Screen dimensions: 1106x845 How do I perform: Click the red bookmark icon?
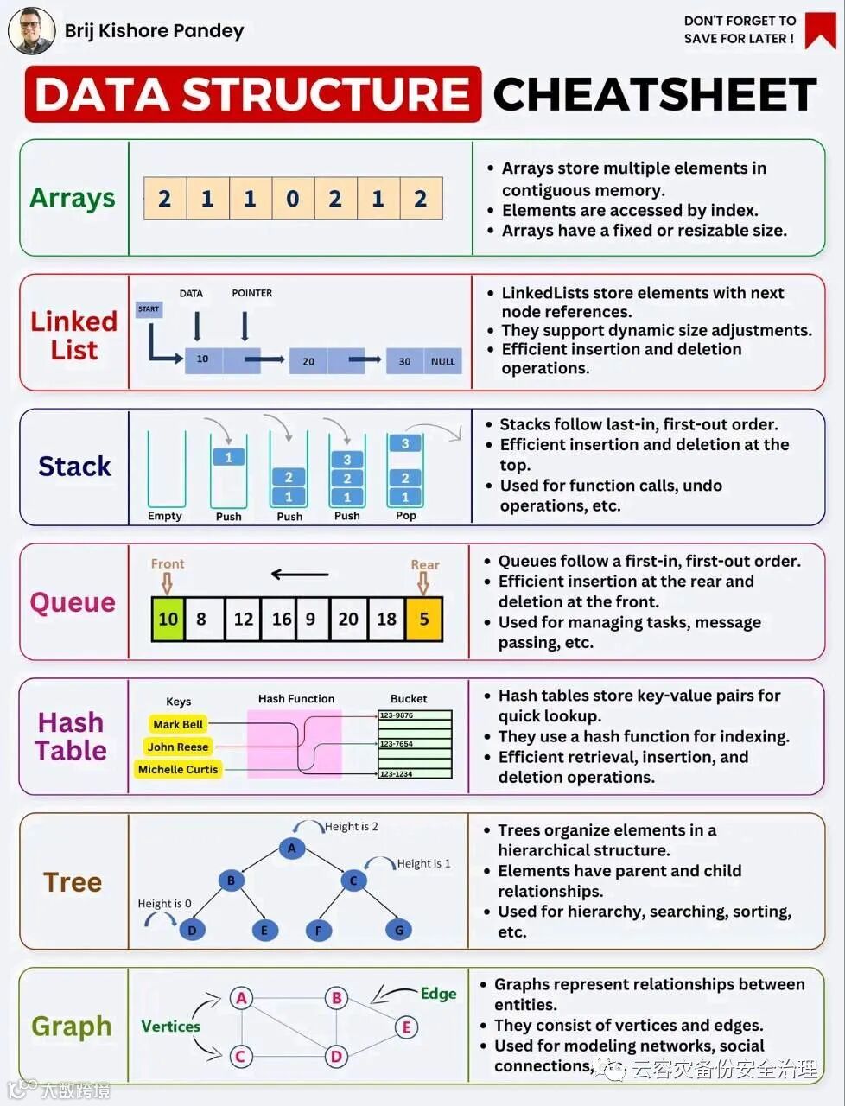820,29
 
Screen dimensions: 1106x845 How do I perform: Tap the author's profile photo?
31,30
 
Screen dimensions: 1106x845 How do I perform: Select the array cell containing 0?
293,199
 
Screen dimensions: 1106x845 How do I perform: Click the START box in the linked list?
149,308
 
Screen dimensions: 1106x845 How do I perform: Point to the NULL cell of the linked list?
442,361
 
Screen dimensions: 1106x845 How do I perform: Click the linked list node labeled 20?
308,361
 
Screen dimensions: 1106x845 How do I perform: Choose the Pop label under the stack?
405,516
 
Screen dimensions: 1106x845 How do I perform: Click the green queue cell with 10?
168,619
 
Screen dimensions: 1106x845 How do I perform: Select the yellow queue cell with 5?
424,619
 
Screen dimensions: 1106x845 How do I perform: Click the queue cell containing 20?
348,619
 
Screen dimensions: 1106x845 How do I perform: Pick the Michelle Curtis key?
178,769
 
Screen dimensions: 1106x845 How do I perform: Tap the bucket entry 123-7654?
415,743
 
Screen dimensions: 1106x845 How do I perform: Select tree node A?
292,848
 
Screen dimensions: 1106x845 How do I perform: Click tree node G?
398,930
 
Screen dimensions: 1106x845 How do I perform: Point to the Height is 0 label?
164,904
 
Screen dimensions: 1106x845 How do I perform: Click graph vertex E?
406,1027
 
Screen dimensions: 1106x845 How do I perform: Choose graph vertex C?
241,1056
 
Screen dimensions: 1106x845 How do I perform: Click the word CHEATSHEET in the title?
654,94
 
